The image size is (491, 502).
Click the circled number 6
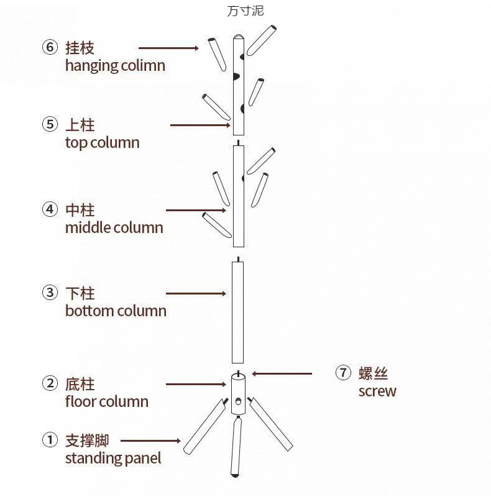coord(50,47)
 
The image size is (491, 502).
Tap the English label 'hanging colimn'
coord(115,65)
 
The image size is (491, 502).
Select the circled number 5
coord(50,124)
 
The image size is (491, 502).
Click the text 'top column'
coord(102,142)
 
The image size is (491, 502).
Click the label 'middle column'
coord(114,227)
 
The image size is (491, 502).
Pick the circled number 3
coord(50,293)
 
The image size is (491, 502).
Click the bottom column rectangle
coord(237,312)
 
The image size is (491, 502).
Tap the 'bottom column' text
coord(116,310)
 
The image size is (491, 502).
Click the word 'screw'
coord(377,391)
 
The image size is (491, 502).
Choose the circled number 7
coord(343,373)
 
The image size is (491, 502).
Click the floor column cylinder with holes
coord(237,394)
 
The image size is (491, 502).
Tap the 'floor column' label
coord(106,401)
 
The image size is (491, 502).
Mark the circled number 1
coord(50,440)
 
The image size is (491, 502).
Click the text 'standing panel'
coord(112,459)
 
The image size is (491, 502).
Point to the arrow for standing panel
coord(150,440)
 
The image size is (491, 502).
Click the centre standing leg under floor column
coord(236,447)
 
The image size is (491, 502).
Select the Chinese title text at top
coord(245,11)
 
